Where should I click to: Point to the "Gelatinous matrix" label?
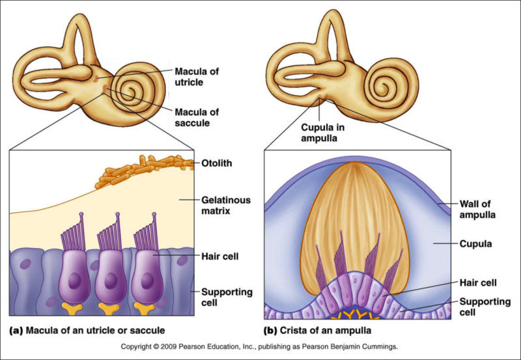click(221, 205)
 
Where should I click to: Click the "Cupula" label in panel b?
click(479, 244)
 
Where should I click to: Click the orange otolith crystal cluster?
click(147, 169)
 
